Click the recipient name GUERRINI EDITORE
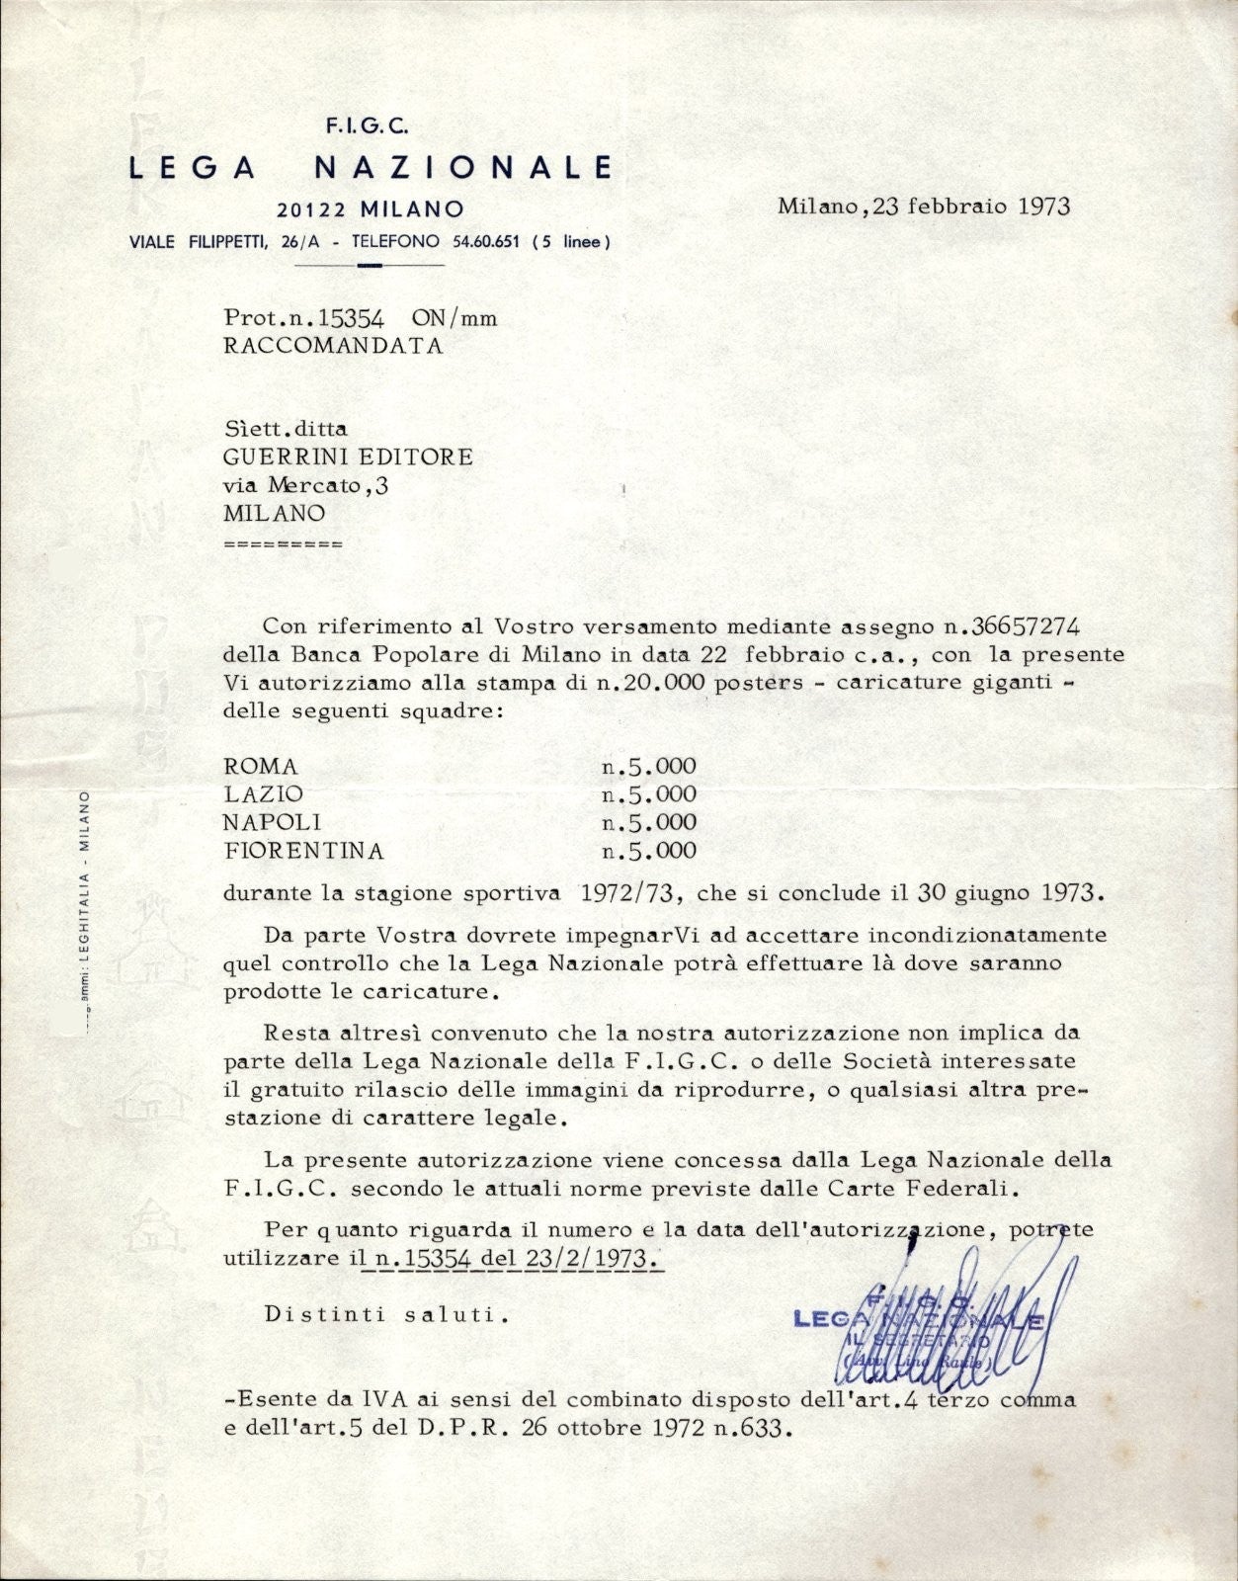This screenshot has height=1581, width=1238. click(x=349, y=457)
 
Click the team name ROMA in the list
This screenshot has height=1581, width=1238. click(x=261, y=766)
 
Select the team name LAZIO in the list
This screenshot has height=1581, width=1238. click(x=264, y=793)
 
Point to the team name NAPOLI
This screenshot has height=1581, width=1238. click(x=272, y=822)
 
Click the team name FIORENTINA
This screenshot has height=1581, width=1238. click(x=303, y=850)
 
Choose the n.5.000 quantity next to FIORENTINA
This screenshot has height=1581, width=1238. click(x=649, y=850)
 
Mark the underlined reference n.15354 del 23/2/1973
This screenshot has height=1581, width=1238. click(x=514, y=1259)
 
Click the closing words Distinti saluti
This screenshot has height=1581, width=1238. click(x=386, y=1315)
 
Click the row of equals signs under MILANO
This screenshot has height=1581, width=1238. click(x=284, y=544)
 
